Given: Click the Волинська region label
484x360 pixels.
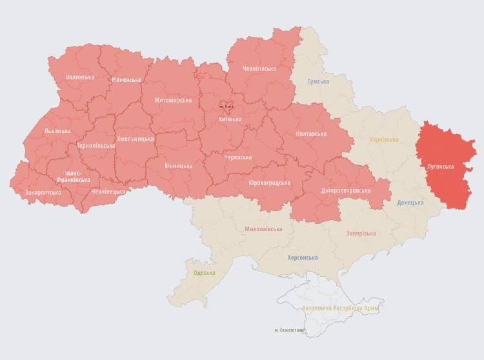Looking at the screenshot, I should [79, 77].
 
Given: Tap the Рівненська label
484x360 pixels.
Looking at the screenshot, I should [126, 80].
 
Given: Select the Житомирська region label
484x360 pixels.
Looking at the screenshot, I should [173, 101].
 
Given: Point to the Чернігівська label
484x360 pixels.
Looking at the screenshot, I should [259, 69].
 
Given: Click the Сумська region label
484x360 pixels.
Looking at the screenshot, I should [318, 82].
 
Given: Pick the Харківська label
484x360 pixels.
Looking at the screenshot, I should [384, 140].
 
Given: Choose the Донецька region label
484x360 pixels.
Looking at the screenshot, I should [410, 203].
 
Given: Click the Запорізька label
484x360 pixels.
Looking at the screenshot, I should [361, 234].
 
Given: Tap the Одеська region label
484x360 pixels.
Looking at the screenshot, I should [205, 273].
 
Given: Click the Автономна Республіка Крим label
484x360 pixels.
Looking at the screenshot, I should [340, 308].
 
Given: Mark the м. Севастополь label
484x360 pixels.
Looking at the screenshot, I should [288, 330].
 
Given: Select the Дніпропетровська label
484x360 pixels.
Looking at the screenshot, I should [346, 191].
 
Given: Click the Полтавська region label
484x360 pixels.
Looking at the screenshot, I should [311, 134].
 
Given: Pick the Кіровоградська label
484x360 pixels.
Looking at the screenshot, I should [269, 183].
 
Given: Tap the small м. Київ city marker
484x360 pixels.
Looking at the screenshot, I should [226, 106].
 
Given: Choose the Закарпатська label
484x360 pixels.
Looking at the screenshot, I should [43, 192].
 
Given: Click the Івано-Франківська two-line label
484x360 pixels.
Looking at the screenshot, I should [73, 176].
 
